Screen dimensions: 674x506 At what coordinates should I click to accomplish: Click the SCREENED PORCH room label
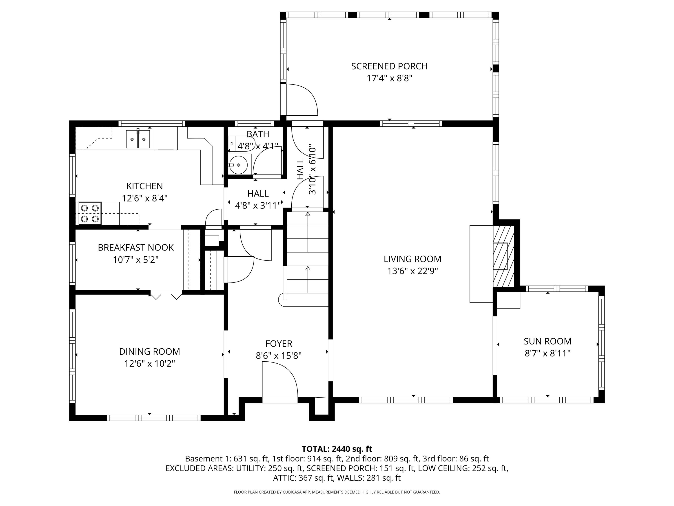[389, 66]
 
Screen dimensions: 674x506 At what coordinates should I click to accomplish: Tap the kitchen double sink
[138, 139]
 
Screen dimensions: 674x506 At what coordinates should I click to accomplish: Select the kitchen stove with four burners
[90, 213]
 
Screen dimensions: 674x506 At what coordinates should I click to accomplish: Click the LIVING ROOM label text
[412, 259]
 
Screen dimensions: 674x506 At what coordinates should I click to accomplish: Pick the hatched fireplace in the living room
[503, 256]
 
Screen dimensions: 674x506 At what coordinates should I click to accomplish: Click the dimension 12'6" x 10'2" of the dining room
[149, 364]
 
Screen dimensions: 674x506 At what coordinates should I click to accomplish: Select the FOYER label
[279, 343]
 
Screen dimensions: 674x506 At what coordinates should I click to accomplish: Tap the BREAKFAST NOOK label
[136, 247]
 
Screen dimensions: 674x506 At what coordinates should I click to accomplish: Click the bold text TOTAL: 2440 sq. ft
[337, 449]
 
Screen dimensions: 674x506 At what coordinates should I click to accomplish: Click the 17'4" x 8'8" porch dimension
[389, 78]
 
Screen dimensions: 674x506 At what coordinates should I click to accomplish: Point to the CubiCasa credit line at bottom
[337, 492]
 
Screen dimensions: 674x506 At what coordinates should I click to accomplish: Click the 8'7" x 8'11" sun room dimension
[547, 353]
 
